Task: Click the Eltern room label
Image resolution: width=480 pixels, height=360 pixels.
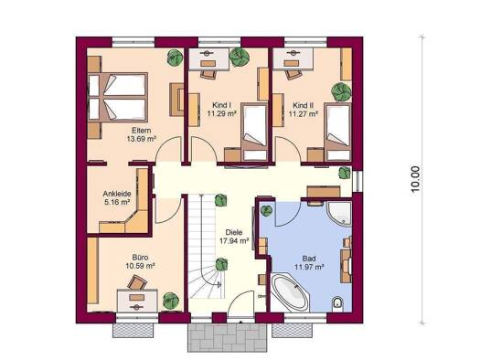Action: [142, 131]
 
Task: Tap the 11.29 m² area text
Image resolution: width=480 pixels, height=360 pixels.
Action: [222, 114]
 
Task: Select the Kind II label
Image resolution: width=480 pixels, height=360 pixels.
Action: [303, 105]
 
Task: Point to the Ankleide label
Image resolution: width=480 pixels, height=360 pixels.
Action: [117, 194]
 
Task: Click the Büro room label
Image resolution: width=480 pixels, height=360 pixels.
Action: [140, 258]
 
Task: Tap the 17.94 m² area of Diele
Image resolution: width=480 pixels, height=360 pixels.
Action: [234, 240]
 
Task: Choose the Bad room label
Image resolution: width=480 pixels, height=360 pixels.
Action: [309, 259]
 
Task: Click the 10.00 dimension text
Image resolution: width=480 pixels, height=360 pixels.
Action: [415, 179]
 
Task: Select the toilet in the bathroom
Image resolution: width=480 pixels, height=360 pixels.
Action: [338, 303]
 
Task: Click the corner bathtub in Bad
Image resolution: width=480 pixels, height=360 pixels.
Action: [290, 291]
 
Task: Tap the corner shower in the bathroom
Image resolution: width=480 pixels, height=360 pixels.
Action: [340, 214]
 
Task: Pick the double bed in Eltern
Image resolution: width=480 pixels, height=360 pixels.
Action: [118, 97]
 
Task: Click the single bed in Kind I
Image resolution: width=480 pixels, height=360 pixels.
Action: [254, 132]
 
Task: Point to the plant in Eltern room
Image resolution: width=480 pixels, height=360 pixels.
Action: [176, 58]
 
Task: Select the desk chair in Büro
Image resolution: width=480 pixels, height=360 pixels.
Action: [137, 282]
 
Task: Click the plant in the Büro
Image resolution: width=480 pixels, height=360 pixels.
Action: [170, 300]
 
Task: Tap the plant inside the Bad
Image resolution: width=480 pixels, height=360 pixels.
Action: [266, 210]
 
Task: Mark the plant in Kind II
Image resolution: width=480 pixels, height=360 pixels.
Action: [342, 91]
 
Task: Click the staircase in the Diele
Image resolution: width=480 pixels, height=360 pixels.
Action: [203, 247]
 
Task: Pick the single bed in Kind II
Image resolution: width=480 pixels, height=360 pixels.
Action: [338, 132]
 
